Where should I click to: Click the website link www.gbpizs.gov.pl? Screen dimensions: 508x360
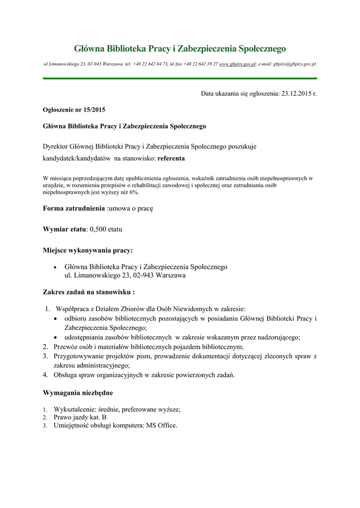237,64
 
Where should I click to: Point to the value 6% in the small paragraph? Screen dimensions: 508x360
134,192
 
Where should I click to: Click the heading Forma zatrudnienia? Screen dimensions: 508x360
74,209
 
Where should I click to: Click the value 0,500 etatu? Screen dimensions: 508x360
106,230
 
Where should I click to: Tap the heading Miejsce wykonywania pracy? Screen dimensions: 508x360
88,250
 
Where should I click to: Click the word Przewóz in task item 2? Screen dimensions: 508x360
67,346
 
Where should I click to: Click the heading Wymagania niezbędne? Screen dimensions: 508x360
78,393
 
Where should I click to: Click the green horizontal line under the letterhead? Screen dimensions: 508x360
180,78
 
